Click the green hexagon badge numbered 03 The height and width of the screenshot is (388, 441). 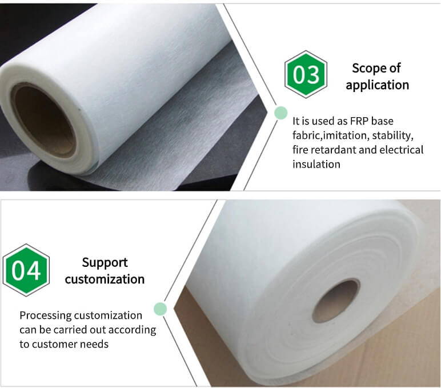(x=306, y=74)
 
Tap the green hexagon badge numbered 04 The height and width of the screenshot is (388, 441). (x=26, y=270)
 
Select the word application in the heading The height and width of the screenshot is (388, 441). (x=378, y=85)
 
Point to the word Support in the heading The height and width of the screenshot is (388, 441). (x=105, y=263)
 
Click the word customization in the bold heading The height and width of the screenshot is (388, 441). (x=105, y=279)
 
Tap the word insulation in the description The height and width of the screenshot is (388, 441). (x=316, y=164)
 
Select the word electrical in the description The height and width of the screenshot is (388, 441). (x=402, y=150)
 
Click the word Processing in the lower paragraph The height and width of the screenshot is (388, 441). (x=46, y=315)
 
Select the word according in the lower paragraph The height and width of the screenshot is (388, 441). (x=132, y=330)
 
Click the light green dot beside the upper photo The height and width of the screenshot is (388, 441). (x=280, y=113)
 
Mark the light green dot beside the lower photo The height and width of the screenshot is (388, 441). (x=161, y=309)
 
